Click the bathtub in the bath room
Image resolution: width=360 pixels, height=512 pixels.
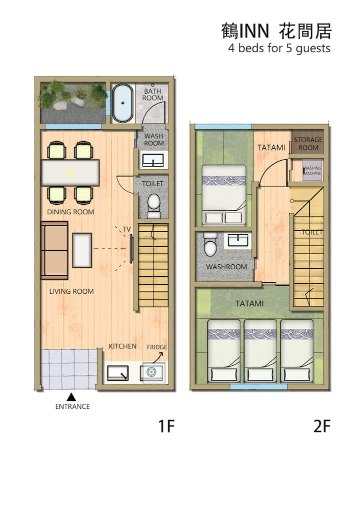122,103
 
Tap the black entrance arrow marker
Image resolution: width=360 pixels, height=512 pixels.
71,397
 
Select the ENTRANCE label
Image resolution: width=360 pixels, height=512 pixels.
72,406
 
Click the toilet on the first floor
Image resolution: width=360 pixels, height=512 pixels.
153,206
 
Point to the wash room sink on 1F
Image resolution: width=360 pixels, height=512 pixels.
153,161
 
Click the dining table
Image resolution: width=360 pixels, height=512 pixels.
70,173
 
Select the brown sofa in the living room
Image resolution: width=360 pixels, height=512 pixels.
54,250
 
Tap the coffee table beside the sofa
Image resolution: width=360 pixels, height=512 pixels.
82,250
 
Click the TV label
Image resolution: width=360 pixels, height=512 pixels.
126,229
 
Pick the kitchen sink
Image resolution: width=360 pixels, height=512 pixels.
117,373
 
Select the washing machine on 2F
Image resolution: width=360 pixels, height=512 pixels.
312,170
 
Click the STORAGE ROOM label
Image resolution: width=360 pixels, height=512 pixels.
308,143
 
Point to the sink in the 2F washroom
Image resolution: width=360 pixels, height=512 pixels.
238,240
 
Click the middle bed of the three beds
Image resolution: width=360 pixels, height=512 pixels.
260,350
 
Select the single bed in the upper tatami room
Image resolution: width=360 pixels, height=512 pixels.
223,195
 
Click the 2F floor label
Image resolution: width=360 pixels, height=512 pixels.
322,426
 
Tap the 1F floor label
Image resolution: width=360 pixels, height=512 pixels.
166,426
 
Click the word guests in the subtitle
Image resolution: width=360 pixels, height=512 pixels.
313,49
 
